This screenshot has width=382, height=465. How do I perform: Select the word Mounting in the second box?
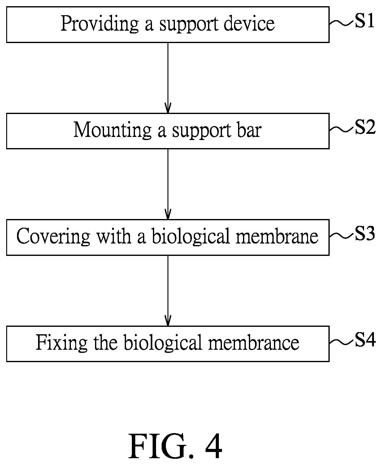point(112,130)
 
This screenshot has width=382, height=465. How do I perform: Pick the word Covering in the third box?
point(53,237)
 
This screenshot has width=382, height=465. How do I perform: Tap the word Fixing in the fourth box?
point(62,343)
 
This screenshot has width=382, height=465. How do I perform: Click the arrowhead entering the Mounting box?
point(168,108)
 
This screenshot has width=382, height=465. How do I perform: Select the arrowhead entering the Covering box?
point(168,214)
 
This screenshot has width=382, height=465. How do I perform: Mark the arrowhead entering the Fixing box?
point(168,321)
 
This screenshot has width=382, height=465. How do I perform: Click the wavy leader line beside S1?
point(342,23)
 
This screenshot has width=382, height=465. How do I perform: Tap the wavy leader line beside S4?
point(342,342)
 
